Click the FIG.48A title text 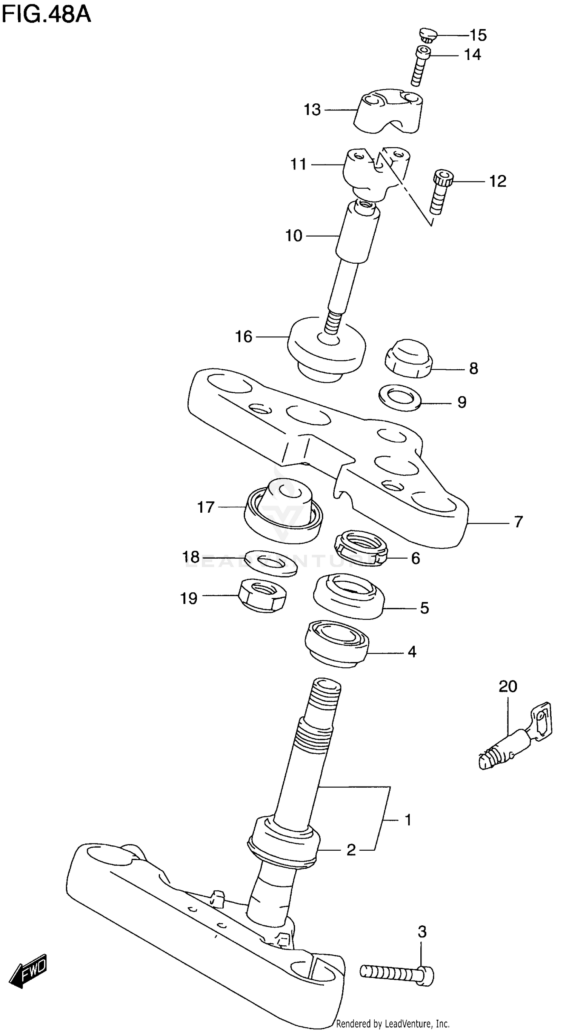pyautogui.click(x=46, y=15)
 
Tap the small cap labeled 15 pyautogui.click(x=428, y=35)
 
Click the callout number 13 pyautogui.click(x=312, y=110)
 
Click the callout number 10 pyautogui.click(x=294, y=236)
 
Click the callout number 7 pyautogui.click(x=518, y=521)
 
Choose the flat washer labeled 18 pyautogui.click(x=271, y=563)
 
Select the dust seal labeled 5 pyautogui.click(x=348, y=596)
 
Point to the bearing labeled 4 pyautogui.click(x=337, y=643)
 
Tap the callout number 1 pyautogui.click(x=408, y=820)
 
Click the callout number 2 pyautogui.click(x=351, y=850)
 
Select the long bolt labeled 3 pyautogui.click(x=396, y=972)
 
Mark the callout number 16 pyautogui.click(x=243, y=336)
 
